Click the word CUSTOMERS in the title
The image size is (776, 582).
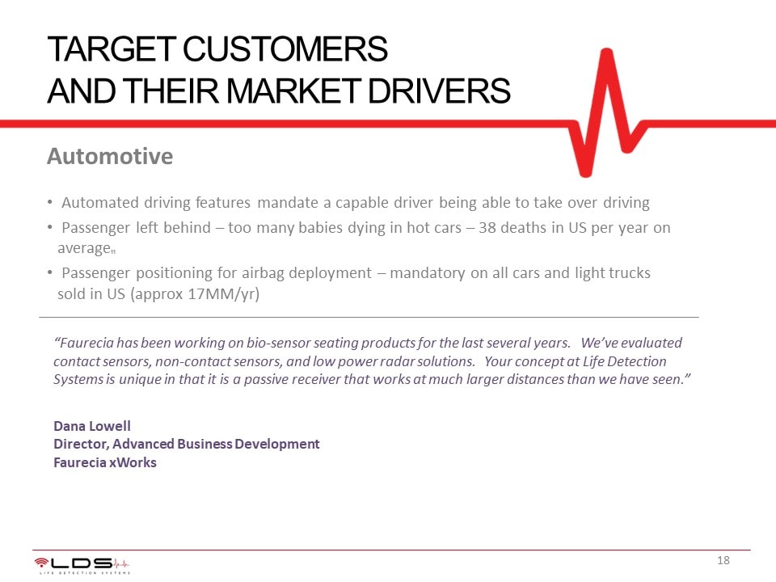[x=285, y=49]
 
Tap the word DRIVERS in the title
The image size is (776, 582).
[x=439, y=91]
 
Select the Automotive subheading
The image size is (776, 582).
[x=110, y=156]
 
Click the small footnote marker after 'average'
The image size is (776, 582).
[x=113, y=251]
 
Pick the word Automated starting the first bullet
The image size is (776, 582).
[x=99, y=202]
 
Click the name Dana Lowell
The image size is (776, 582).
[x=92, y=426]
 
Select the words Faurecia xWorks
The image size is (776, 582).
[x=105, y=462]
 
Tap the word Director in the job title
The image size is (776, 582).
[x=81, y=445]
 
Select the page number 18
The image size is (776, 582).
[x=723, y=560]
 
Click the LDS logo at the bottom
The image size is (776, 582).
[x=82, y=565]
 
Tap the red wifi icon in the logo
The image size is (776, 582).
[x=41, y=562]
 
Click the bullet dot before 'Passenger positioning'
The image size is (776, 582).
[x=50, y=272]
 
